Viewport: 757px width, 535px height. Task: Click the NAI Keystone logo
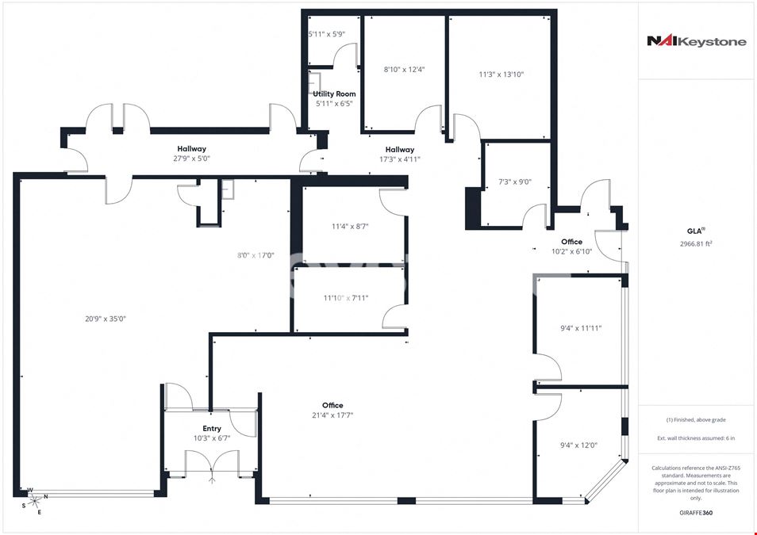pos(696,41)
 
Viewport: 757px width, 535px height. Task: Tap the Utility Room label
pos(335,94)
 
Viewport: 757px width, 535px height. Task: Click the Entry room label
pos(212,428)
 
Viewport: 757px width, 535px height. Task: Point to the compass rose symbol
pos(34,501)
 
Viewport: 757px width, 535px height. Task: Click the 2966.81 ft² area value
pos(696,243)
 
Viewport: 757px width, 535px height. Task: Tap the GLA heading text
pos(696,231)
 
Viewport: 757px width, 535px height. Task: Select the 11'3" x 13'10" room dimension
pos(501,75)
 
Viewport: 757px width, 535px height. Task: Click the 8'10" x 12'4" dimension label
pos(405,70)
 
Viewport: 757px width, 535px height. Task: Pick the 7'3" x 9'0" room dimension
pos(515,182)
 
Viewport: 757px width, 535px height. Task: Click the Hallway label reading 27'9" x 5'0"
pos(192,154)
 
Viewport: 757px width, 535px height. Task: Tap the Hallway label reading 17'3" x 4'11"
pos(400,155)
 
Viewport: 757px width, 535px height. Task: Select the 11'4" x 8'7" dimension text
pos(351,226)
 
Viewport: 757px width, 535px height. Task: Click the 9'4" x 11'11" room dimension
pos(581,328)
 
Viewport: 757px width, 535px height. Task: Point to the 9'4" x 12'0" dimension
pos(578,445)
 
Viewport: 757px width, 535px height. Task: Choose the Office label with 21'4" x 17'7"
pos(332,410)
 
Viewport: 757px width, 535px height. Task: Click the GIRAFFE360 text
pos(696,513)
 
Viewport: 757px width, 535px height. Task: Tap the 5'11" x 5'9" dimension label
pos(327,34)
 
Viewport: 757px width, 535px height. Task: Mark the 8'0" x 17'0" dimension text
pos(256,255)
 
